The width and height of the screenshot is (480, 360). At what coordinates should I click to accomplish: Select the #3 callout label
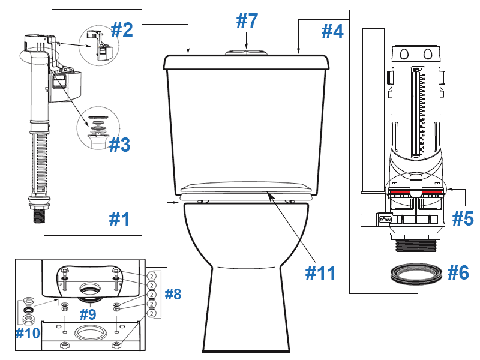point(119,145)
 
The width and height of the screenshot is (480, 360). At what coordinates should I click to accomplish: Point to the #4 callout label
point(333,31)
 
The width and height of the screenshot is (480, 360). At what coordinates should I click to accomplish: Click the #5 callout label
point(463,218)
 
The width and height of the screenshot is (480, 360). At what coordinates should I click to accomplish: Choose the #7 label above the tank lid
point(247,21)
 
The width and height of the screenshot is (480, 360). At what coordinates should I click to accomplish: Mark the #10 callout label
point(28,332)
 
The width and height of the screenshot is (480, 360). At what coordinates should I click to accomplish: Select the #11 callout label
point(320,272)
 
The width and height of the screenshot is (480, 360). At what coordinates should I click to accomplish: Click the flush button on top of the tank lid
point(247,52)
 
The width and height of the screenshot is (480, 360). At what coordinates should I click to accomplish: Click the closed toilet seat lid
point(247,187)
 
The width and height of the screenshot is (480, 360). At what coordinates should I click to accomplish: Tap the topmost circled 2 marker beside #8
point(152,277)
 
